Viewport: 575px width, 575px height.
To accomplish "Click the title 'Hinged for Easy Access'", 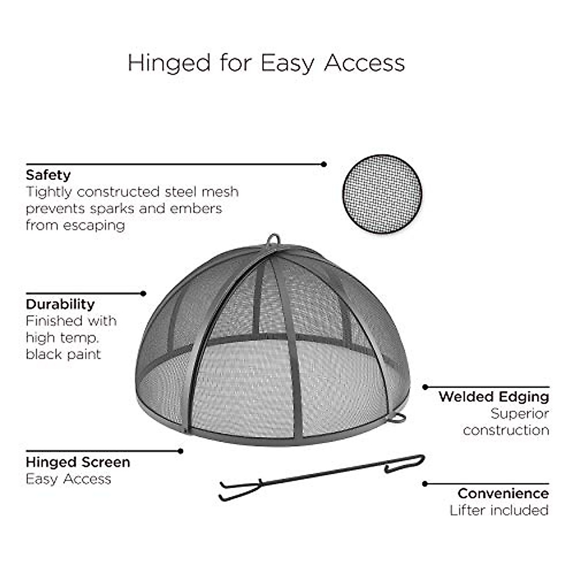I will coord(266,63).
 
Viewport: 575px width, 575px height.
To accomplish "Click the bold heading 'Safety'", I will coord(48,175).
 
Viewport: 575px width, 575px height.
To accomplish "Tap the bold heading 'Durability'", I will coord(60,304).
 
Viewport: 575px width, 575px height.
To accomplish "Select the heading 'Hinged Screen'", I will coord(78,462).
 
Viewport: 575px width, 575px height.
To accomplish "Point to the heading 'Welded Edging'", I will coord(494,397).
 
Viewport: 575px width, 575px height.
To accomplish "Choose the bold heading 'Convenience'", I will coord(503,494).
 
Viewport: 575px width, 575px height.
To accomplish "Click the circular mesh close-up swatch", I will coord(382,194).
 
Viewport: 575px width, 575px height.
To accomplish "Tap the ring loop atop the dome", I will coord(274,240).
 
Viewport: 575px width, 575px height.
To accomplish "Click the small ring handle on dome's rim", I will coord(397,418).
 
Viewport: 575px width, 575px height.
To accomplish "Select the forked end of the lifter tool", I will coord(237,490).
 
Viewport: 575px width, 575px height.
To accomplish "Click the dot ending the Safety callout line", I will coord(324,164).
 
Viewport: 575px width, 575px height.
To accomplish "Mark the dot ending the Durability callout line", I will coord(143,293).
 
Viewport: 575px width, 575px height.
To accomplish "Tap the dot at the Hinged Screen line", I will coord(181,451).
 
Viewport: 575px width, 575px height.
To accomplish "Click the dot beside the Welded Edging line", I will coord(425,387).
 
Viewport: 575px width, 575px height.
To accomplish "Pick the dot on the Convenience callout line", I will coord(425,484).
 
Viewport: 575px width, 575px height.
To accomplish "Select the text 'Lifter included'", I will coord(499,510).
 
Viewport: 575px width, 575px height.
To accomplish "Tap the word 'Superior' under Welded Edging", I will coord(519,414).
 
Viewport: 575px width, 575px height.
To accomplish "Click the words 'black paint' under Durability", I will coord(63,355).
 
